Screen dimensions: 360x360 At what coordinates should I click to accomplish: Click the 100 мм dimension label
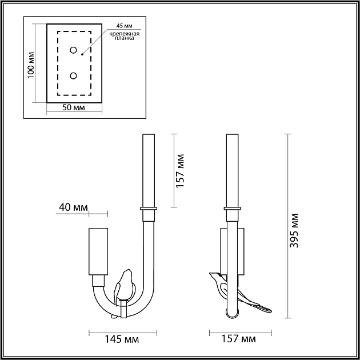coord(31,65)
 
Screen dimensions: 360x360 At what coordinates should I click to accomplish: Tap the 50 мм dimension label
coord(74,107)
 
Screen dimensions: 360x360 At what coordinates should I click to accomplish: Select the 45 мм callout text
coord(124,26)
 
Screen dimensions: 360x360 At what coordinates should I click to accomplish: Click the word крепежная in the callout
coord(124,34)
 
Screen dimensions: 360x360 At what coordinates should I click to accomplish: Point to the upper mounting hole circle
coord(73,50)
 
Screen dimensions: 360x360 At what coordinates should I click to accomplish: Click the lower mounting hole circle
coord(73,75)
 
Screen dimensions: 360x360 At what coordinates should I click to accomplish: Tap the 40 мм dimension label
coord(74,207)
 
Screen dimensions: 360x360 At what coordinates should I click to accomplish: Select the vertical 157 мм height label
coord(180,171)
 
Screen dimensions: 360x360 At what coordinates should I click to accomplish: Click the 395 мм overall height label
coord(294,230)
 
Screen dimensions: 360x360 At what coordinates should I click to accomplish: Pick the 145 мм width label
coord(122,339)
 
